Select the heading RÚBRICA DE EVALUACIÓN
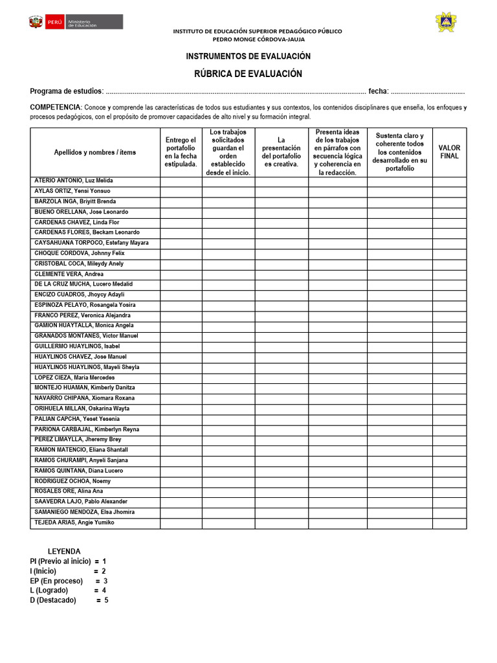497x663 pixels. (248, 74)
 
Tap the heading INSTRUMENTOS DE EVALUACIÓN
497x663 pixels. (248, 57)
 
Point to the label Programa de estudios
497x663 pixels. (66, 91)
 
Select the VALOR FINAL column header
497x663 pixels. (449, 152)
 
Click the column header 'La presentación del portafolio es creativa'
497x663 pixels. (281, 152)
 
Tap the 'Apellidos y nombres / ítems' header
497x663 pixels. (95, 152)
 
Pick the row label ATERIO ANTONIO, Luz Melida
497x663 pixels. (73, 181)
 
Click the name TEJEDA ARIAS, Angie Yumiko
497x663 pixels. (74, 523)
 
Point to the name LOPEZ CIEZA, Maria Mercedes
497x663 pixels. (74, 377)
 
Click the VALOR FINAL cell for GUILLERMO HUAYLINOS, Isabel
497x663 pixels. (449, 346)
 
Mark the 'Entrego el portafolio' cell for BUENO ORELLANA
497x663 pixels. (181, 212)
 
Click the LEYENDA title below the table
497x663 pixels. (64, 551)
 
